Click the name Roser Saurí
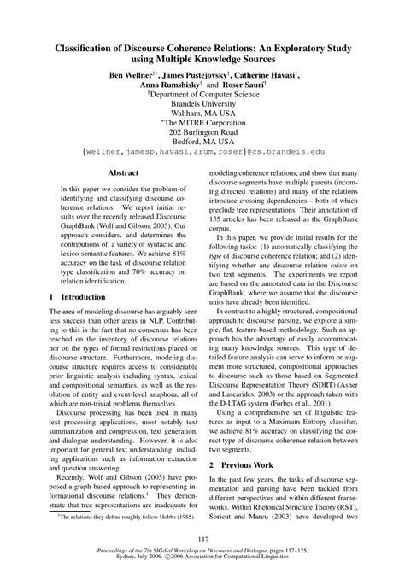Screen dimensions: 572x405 pos(240,86)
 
